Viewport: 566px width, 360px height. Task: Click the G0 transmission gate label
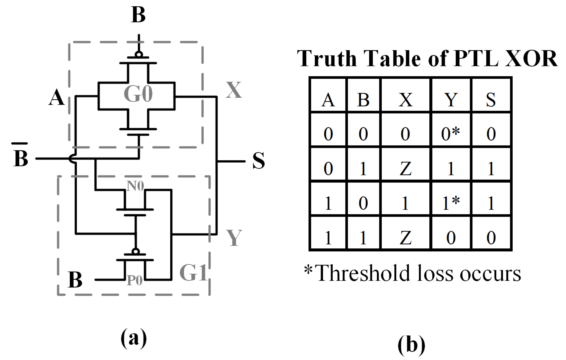tap(138, 94)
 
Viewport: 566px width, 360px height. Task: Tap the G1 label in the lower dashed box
tap(193, 272)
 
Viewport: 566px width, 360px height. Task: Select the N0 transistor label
tap(135, 186)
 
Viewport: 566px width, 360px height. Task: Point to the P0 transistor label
tap(134, 281)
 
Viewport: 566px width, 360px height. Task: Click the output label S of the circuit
tap(258, 161)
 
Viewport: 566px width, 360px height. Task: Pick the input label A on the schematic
tap(56, 98)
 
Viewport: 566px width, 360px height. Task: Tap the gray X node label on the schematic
tap(234, 90)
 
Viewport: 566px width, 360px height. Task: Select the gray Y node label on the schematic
tap(234, 238)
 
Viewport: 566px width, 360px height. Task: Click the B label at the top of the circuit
tap(138, 15)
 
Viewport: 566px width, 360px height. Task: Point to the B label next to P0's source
tap(75, 280)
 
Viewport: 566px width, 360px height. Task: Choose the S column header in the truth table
tap(491, 100)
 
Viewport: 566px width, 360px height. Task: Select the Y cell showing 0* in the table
tap(451, 134)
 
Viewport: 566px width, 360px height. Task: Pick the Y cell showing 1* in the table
tap(451, 203)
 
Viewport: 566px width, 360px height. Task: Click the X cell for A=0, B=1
tap(406, 168)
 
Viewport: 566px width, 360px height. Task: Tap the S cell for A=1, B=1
tap(491, 238)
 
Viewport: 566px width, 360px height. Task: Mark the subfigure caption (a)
tap(134, 338)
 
